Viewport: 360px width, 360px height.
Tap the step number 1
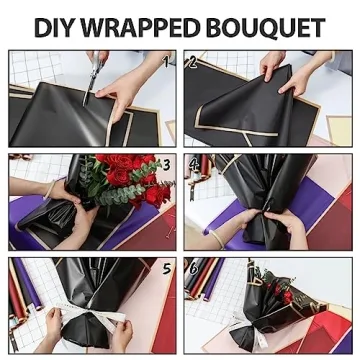click(167, 60)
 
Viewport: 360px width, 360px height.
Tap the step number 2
click(192, 60)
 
